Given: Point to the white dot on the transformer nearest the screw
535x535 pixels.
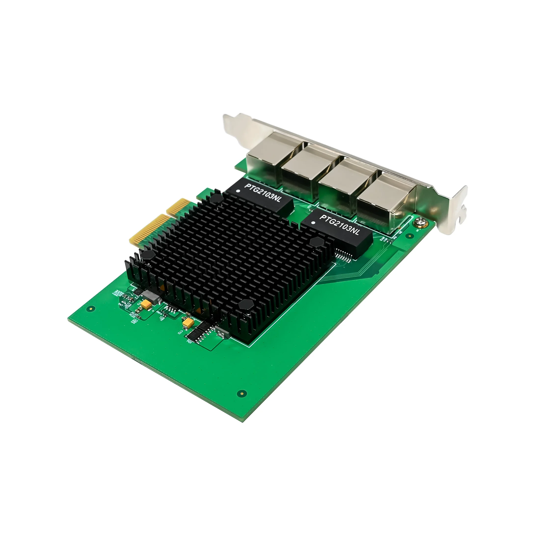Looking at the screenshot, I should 313,222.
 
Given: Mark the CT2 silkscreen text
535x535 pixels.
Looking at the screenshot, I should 181,332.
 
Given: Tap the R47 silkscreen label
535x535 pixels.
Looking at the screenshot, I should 121,304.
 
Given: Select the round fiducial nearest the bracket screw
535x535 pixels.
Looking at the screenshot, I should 410,236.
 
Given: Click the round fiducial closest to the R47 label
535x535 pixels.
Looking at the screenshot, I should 91,308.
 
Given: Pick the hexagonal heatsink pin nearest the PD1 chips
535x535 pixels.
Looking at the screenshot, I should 246,305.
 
